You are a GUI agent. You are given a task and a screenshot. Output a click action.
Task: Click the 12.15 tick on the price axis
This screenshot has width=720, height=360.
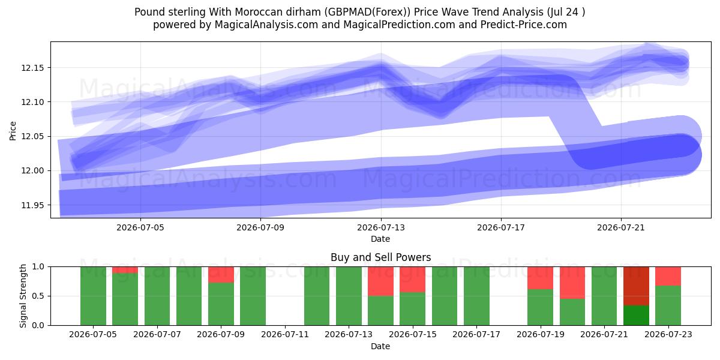coord(32,68)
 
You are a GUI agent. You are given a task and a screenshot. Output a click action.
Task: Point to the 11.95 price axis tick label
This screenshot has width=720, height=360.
coord(32,205)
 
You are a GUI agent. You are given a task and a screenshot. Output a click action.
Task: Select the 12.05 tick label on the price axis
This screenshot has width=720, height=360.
coord(32,137)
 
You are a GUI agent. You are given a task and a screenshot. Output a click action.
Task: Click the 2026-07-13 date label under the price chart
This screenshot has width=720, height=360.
coord(381,227)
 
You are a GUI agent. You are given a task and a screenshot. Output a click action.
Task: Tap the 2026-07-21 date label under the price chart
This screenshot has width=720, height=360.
coord(621,227)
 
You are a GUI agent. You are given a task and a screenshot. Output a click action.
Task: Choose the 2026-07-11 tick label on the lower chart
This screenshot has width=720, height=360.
coord(285,335)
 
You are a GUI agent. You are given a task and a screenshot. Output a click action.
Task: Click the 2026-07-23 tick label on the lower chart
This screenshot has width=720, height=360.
coord(668,335)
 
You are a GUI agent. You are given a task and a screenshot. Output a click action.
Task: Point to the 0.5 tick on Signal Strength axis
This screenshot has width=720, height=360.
coord(38,296)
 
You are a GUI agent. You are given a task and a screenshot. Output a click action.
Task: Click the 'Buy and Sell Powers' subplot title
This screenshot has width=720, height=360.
coord(380,257)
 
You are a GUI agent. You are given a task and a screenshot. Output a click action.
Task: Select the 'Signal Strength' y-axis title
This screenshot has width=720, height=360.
coord(23,296)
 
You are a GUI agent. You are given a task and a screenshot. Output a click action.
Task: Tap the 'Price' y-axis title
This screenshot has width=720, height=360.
coord(13,131)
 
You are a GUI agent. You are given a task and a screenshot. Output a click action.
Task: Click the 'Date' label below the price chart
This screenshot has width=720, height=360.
coord(380,239)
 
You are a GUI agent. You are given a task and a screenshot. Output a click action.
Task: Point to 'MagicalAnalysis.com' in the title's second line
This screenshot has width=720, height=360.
coord(266,25)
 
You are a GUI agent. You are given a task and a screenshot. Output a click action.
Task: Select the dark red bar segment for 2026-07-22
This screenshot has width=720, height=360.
coord(636,286)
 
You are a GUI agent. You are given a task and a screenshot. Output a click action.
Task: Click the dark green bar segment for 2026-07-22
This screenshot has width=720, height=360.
coord(636,316)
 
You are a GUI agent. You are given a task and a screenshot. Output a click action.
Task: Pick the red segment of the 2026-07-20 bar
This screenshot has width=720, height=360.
coord(572,283)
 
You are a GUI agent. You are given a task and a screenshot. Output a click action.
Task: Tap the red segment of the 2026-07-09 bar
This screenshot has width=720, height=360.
coord(221,275)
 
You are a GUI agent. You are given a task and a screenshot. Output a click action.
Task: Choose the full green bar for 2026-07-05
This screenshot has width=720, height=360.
coord(93,296)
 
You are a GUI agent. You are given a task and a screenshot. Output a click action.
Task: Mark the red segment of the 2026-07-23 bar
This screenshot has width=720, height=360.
coord(668,276)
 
